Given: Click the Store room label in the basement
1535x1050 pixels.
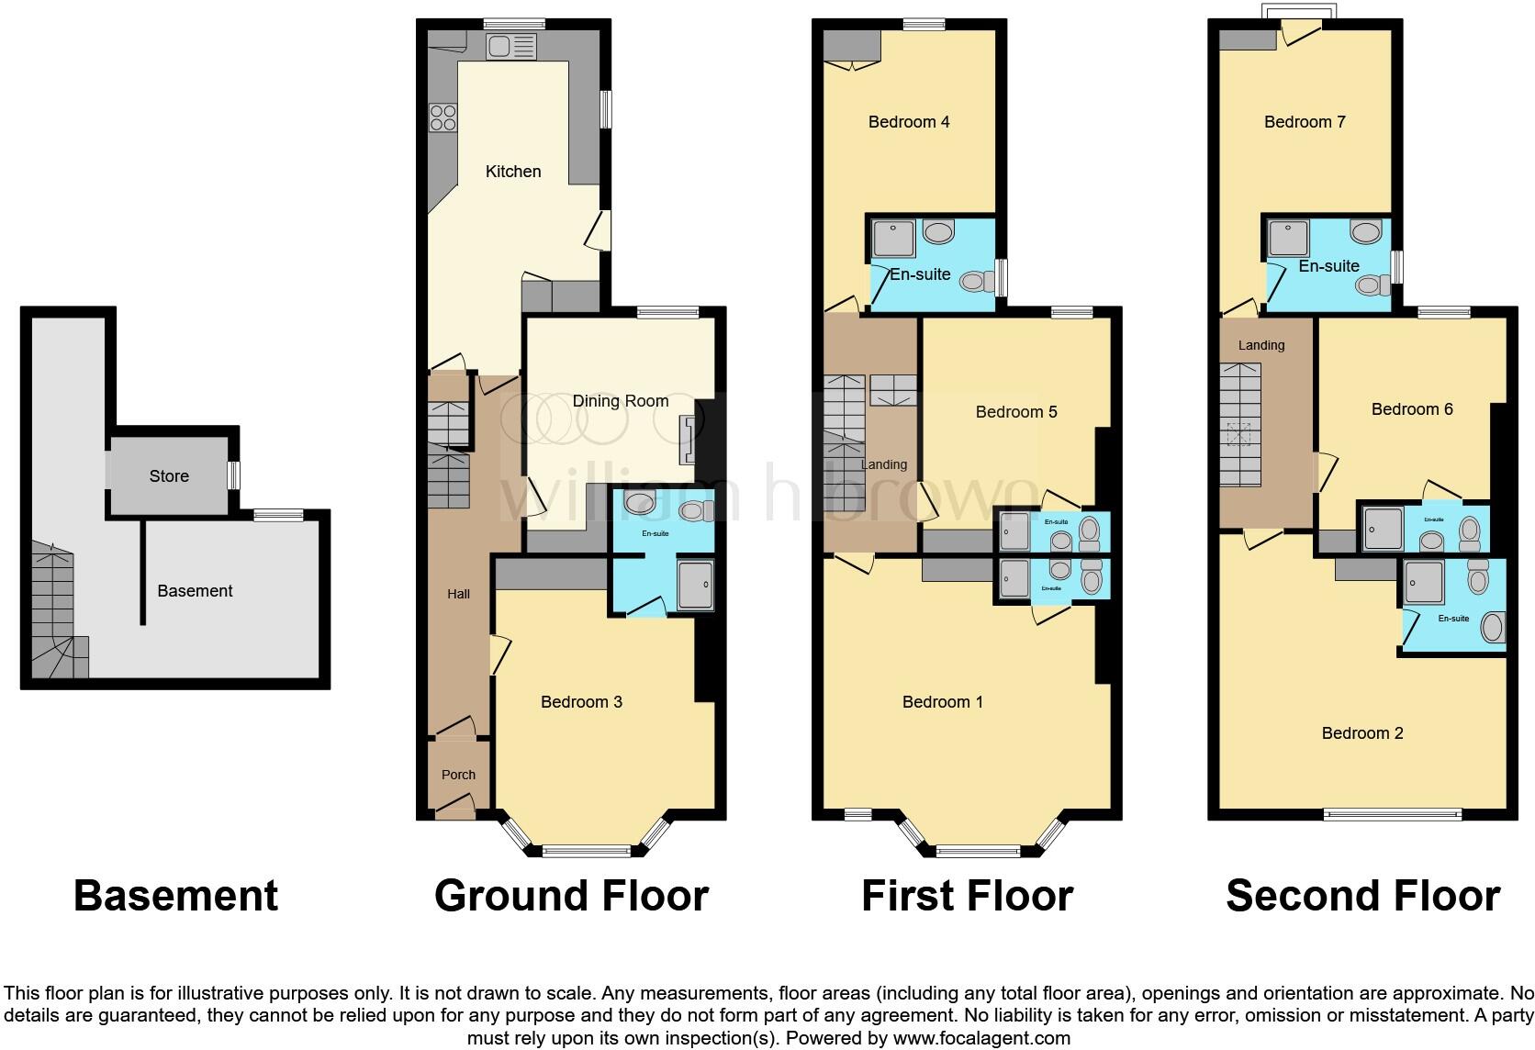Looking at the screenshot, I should [x=169, y=475].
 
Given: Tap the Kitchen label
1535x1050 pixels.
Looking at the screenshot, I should [x=512, y=172].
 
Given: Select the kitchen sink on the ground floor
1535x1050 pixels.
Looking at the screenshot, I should [x=511, y=46].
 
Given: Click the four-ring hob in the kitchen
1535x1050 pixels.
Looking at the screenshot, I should [x=443, y=117].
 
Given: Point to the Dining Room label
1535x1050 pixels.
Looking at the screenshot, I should [x=620, y=401].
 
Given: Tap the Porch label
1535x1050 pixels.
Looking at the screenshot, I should [x=458, y=775].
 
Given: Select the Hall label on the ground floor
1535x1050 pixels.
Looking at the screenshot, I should [x=458, y=594].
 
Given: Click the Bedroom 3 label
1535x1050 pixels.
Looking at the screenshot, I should [x=581, y=702].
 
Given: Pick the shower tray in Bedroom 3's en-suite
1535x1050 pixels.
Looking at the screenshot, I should [x=695, y=584].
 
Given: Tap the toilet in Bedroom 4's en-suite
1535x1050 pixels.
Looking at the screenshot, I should [x=975, y=282].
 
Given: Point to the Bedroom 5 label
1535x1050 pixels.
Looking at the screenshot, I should [x=1015, y=412].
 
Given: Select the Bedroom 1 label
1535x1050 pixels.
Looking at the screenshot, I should [x=942, y=702].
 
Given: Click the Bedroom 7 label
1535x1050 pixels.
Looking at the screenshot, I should [x=1304, y=122].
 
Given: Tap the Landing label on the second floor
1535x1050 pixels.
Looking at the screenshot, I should [x=1260, y=345].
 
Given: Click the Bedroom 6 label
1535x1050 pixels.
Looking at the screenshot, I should [x=1411, y=409].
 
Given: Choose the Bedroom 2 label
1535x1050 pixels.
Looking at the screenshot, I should [x=1361, y=733].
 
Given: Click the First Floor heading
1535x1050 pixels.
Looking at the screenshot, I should [x=966, y=896].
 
